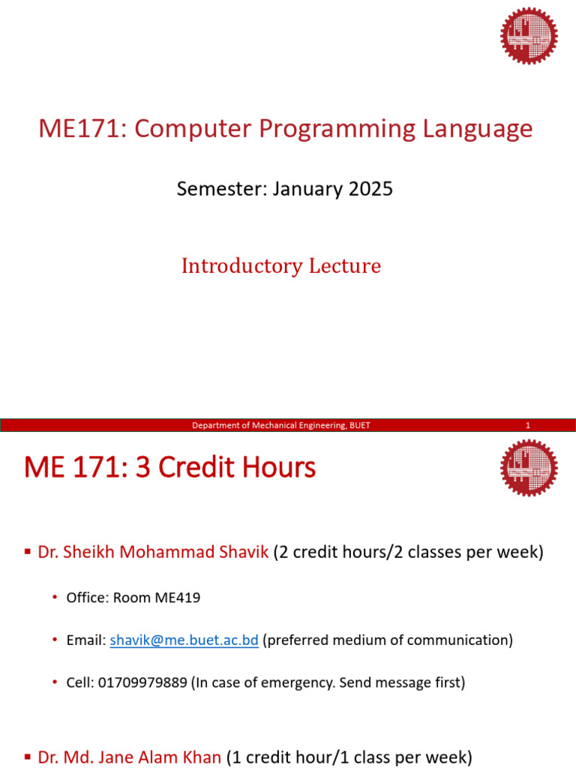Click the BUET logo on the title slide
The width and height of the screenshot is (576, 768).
coord(529,35)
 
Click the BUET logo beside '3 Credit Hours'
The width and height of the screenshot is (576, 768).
coord(529,467)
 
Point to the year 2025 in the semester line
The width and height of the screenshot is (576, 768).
coord(370,188)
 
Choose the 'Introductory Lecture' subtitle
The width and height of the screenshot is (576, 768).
coord(281,266)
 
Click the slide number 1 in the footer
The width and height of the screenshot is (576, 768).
coord(528,426)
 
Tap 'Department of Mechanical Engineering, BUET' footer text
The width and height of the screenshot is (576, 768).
coord(281,426)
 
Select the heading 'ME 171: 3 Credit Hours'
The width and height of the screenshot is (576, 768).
coord(170,468)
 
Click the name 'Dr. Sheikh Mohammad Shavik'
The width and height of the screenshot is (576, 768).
coord(152,553)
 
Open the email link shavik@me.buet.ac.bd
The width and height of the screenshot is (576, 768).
coord(184,640)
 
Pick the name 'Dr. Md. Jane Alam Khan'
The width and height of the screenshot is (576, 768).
coord(129,758)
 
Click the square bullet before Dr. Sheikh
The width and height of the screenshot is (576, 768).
coord(28,553)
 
